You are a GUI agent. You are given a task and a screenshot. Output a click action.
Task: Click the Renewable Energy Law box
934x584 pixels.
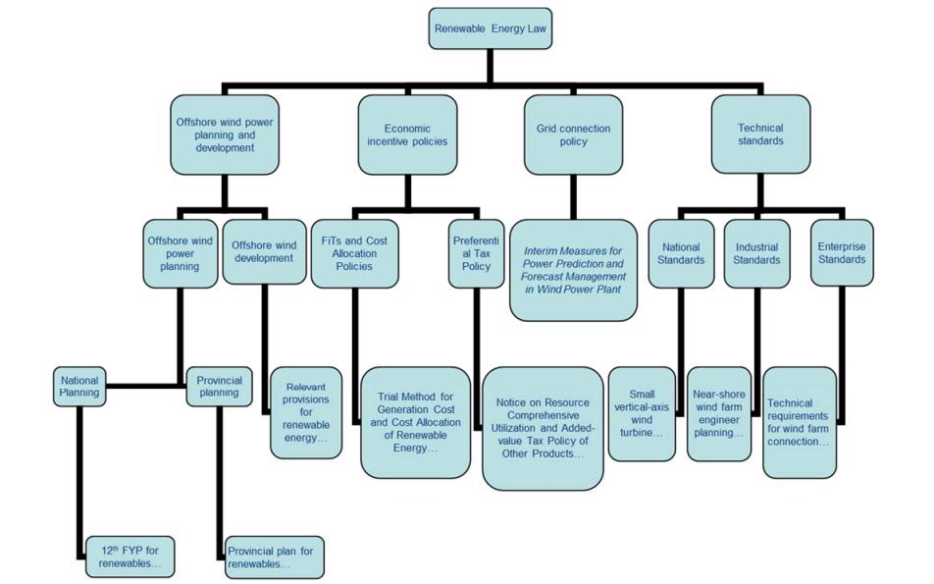click(x=490, y=28)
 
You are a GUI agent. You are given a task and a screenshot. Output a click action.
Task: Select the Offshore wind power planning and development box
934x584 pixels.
click(x=225, y=134)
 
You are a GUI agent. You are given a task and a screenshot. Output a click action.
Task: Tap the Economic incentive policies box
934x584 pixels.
click(x=407, y=134)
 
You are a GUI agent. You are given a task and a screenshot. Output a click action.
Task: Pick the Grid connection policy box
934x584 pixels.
click(x=573, y=134)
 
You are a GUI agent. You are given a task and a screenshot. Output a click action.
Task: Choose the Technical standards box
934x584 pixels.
click(x=760, y=134)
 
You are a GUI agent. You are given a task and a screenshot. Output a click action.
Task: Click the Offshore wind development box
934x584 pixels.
click(x=264, y=252)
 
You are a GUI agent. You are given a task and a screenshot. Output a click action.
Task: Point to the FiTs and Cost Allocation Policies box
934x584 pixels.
click(x=354, y=252)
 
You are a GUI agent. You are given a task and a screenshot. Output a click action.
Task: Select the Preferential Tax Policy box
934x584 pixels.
click(x=476, y=252)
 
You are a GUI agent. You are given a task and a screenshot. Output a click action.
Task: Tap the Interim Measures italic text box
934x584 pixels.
click(x=573, y=270)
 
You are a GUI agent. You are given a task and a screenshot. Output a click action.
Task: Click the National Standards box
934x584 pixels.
click(x=681, y=253)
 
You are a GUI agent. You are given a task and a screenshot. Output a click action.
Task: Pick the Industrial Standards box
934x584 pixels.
click(x=756, y=253)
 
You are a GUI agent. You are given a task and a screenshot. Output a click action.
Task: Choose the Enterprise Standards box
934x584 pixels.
click(x=842, y=253)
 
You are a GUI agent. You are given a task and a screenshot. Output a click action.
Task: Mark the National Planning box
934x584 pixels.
click(x=79, y=386)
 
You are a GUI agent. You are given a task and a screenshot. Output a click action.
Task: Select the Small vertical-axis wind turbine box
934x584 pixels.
click(x=642, y=413)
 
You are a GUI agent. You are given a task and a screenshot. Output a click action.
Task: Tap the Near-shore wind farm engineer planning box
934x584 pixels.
click(x=718, y=413)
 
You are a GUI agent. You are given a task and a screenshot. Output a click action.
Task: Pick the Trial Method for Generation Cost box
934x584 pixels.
click(x=415, y=422)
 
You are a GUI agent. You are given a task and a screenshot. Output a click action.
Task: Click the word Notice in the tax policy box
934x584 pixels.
click(x=511, y=402)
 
